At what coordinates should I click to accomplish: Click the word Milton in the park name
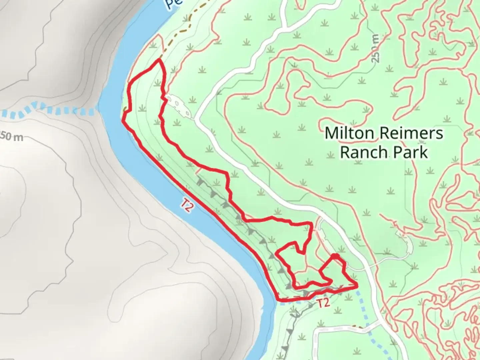349,133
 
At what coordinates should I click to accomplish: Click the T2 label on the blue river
187,205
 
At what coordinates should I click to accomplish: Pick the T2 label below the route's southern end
323,303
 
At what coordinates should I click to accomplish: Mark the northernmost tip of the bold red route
159,60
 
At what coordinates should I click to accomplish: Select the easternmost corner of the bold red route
357,285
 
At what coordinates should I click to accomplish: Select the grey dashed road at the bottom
343,328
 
